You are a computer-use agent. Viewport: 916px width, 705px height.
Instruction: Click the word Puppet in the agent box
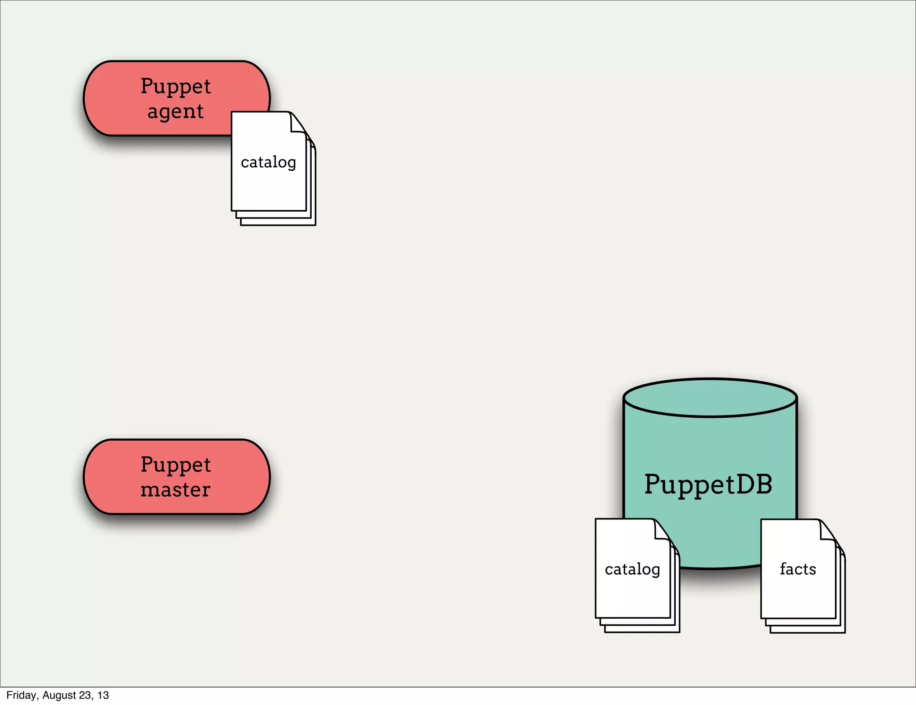tap(175, 86)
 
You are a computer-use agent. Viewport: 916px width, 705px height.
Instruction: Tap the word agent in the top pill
tap(175, 111)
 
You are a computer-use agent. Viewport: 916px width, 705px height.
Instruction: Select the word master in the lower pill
tap(175, 489)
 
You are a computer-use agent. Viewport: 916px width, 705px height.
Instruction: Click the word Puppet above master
tap(175, 465)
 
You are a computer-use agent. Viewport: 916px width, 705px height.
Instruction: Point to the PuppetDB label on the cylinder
tap(708, 484)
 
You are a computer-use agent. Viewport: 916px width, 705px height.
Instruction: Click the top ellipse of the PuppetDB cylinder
tap(710, 398)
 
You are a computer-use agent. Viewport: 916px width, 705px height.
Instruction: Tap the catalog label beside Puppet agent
tap(268, 162)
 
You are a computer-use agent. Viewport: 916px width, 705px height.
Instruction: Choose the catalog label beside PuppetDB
tap(632, 569)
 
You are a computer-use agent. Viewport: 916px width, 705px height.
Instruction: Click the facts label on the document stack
tap(798, 569)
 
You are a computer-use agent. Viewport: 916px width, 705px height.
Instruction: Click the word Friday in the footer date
tap(21, 695)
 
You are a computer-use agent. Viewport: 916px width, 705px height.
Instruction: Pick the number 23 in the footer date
tap(85, 695)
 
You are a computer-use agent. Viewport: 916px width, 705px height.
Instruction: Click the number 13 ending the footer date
tap(103, 695)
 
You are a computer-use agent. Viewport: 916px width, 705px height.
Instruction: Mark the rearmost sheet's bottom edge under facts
tap(807, 633)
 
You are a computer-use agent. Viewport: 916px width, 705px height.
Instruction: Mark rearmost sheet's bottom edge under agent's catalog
tap(278, 225)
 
